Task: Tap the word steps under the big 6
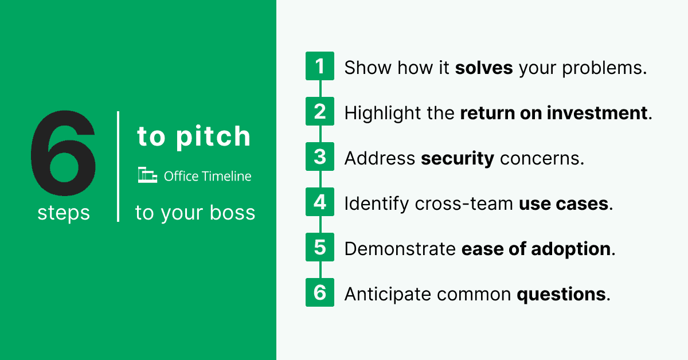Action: [x=64, y=213]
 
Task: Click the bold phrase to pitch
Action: [x=194, y=136]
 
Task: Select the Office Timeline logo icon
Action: [x=147, y=176]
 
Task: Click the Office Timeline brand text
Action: [x=208, y=176]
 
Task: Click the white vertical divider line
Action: [x=118, y=166]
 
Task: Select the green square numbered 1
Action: [x=320, y=66]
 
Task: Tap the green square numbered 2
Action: [x=320, y=112]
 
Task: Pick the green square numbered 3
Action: [x=320, y=157]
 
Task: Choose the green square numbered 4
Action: [x=320, y=202]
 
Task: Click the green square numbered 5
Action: [x=320, y=248]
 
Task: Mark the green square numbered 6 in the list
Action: [x=320, y=293]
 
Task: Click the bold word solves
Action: [x=484, y=68]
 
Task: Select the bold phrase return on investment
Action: [x=554, y=113]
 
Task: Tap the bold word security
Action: [x=457, y=158]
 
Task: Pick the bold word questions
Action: [x=561, y=294]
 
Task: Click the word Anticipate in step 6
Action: [x=388, y=294]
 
